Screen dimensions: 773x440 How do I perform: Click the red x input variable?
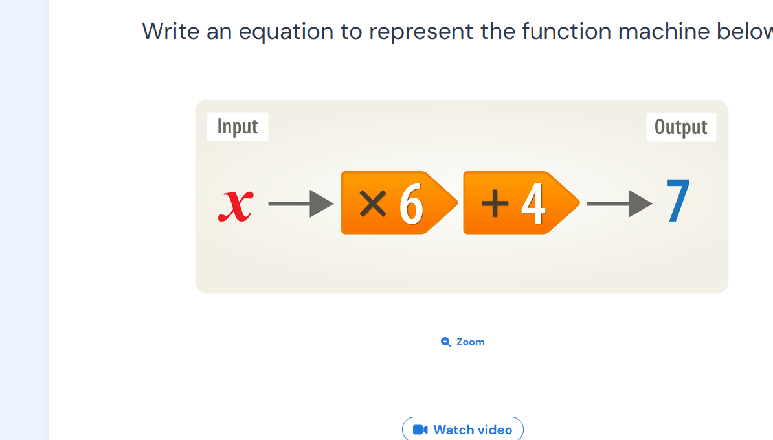coord(236,205)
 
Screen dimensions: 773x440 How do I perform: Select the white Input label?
coord(238,127)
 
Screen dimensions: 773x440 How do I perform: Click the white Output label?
coord(681,127)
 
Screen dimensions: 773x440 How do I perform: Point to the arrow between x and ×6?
coord(301,203)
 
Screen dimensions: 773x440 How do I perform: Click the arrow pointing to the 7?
coord(620,203)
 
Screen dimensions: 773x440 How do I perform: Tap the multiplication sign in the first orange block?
coord(373,203)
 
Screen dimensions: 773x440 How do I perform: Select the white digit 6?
coord(411,203)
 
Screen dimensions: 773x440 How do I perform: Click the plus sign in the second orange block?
coord(495,203)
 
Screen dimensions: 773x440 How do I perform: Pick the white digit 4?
coord(533,203)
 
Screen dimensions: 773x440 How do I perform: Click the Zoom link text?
coord(470,342)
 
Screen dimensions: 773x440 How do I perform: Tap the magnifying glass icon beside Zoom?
coord(445,342)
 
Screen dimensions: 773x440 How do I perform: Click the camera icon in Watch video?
coord(420,430)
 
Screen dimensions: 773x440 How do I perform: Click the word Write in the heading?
coord(170,32)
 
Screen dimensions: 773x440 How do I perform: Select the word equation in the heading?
coord(286,32)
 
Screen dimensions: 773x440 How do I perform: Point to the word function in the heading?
coord(566,32)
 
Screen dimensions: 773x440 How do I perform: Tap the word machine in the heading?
coord(663,32)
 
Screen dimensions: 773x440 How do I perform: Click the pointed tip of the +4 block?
coord(579,203)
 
